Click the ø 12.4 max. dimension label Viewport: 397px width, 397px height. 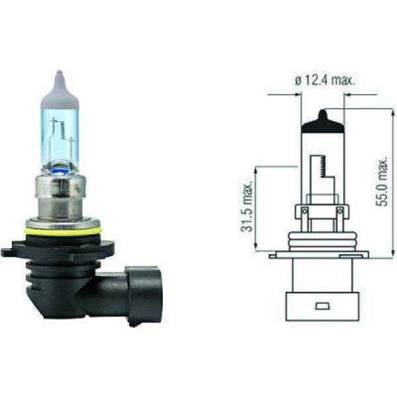[x=325, y=81]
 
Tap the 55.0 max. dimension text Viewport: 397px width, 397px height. [x=381, y=182]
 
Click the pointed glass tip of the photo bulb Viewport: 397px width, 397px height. [x=60, y=78]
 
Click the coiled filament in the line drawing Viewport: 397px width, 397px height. [x=322, y=165]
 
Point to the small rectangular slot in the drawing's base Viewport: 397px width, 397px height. [x=322, y=307]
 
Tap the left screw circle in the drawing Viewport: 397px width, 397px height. [x=304, y=212]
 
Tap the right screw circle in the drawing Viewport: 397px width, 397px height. [x=339, y=212]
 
